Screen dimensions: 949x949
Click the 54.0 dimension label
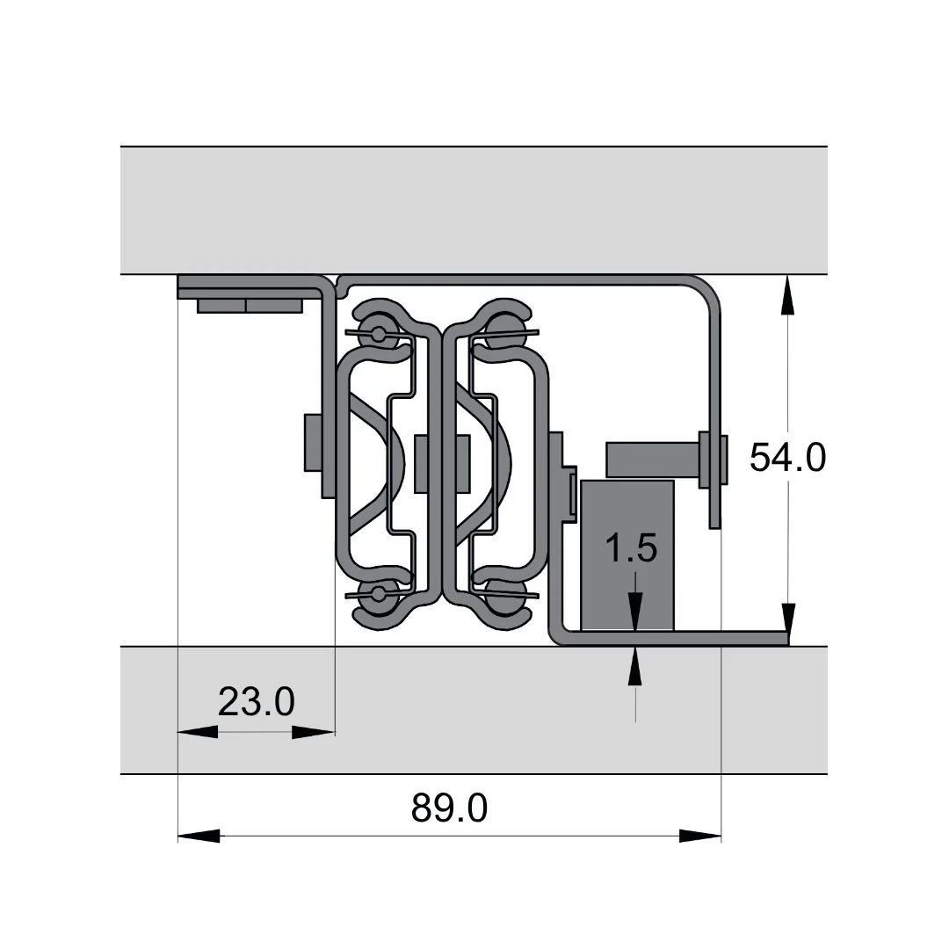pos(787,457)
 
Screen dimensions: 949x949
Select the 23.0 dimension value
pos(256,701)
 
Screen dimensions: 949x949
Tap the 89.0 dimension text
pos(449,808)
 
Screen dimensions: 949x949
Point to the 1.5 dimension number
pos(631,547)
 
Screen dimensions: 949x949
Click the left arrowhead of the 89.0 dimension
pos(199,836)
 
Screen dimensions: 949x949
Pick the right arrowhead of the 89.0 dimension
pos(700,836)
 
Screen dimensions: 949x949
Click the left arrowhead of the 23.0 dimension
pos(198,732)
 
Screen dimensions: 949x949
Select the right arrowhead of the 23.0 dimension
pos(314,732)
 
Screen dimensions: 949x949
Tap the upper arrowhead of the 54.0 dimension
pos(787,295)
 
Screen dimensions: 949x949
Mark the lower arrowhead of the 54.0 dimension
pos(787,624)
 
